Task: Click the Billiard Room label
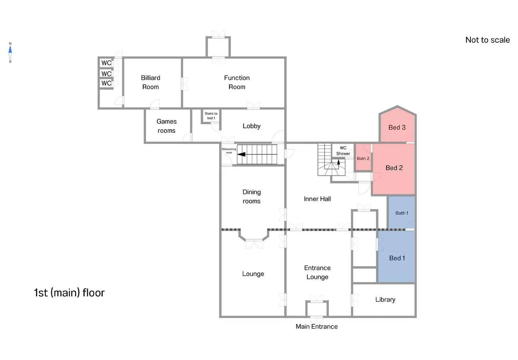[151, 82]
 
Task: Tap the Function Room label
[237, 82]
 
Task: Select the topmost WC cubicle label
[106, 63]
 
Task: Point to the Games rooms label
[167, 126]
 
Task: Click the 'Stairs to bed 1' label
[211, 116]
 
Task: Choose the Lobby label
[251, 126]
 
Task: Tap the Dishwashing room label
[229, 151]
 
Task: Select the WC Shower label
[343, 151]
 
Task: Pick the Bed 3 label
[397, 128]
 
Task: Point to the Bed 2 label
[394, 168]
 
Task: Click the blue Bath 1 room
[401, 212]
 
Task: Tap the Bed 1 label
[397, 258]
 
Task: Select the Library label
[385, 300]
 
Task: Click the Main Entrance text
[317, 326]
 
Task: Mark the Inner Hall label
[317, 199]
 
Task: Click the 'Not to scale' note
[488, 40]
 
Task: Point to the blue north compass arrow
[10, 50]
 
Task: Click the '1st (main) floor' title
[69, 293]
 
